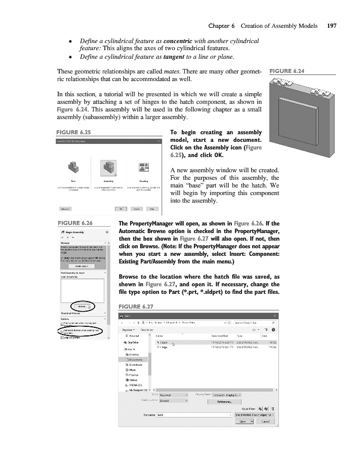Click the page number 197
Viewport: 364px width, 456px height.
tap(332, 26)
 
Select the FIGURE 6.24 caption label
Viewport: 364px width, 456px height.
tap(288, 71)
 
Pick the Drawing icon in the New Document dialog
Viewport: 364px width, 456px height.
tap(143, 167)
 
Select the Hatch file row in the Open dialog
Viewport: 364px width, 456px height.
tap(165, 343)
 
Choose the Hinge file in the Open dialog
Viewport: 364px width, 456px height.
tap(164, 347)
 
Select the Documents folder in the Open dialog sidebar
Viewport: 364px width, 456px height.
tap(136, 359)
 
